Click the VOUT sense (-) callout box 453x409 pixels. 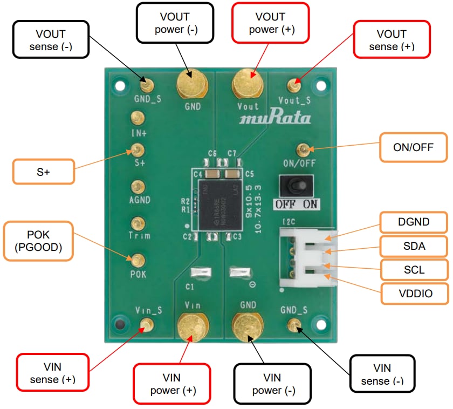pos(51,40)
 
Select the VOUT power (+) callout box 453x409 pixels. pos(271,23)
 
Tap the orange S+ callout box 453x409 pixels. pos(43,171)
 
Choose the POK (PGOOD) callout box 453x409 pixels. pos(38,241)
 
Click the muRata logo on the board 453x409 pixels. pos(274,118)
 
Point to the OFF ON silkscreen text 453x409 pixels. pos(296,204)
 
